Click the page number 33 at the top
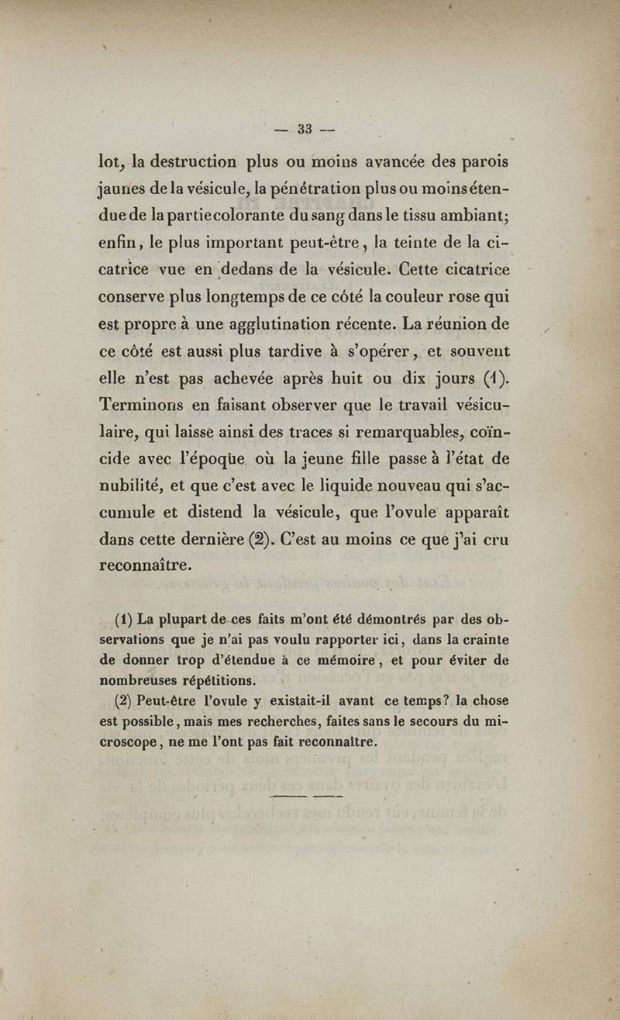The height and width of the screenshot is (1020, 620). tap(304, 130)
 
